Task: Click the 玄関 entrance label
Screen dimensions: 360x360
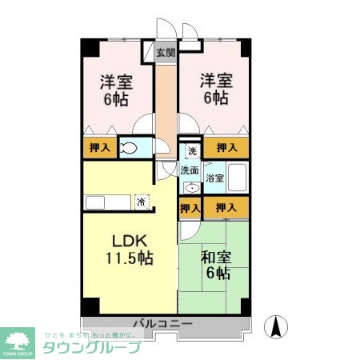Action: coord(166,54)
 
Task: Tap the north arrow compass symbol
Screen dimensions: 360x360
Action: coord(278,326)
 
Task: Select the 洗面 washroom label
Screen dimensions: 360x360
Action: coord(189,170)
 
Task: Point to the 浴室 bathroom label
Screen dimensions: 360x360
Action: coord(214,178)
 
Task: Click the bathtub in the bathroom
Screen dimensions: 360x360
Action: coord(238,178)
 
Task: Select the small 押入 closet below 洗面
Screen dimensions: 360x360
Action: coord(190,208)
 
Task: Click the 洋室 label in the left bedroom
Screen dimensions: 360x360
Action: coord(116,82)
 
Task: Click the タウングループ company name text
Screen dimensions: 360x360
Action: coord(90,347)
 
